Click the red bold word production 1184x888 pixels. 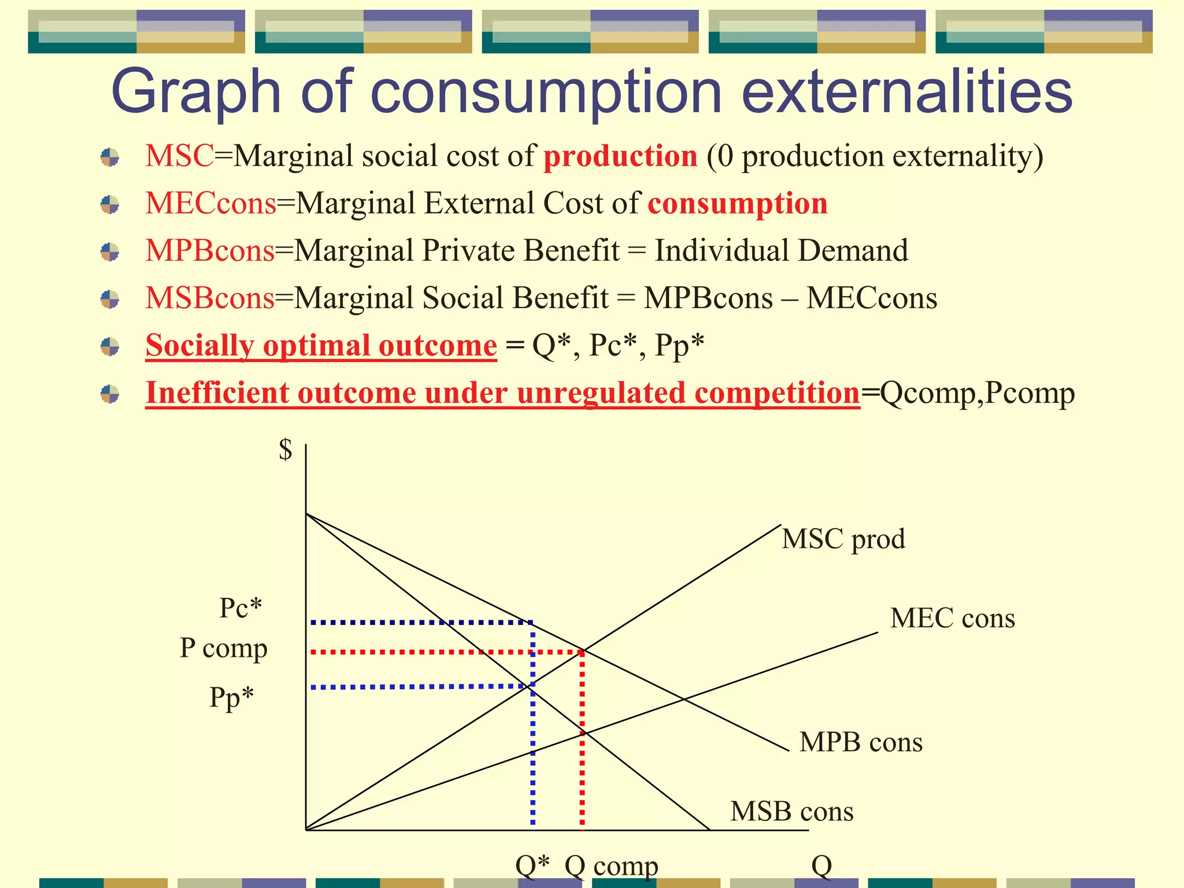pos(620,157)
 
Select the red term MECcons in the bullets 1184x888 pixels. pos(210,203)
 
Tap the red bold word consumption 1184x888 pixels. pos(738,203)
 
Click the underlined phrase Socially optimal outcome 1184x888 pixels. pos(321,346)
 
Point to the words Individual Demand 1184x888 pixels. pos(781,251)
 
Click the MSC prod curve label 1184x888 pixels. pos(843,539)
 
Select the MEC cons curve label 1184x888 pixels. pos(952,618)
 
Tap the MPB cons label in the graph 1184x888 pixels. pos(861,742)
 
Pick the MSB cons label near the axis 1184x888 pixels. pos(791,811)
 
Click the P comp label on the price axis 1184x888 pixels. pos(223,648)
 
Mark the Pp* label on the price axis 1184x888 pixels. pos(231,697)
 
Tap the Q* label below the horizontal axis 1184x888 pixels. pos(532,865)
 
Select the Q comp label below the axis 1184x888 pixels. pos(611,866)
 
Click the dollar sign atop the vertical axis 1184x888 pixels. pos(286,449)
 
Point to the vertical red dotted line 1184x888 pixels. pos(582,752)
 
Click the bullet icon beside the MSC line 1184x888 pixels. pos(110,157)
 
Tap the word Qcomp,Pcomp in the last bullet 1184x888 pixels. pos(977,393)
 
